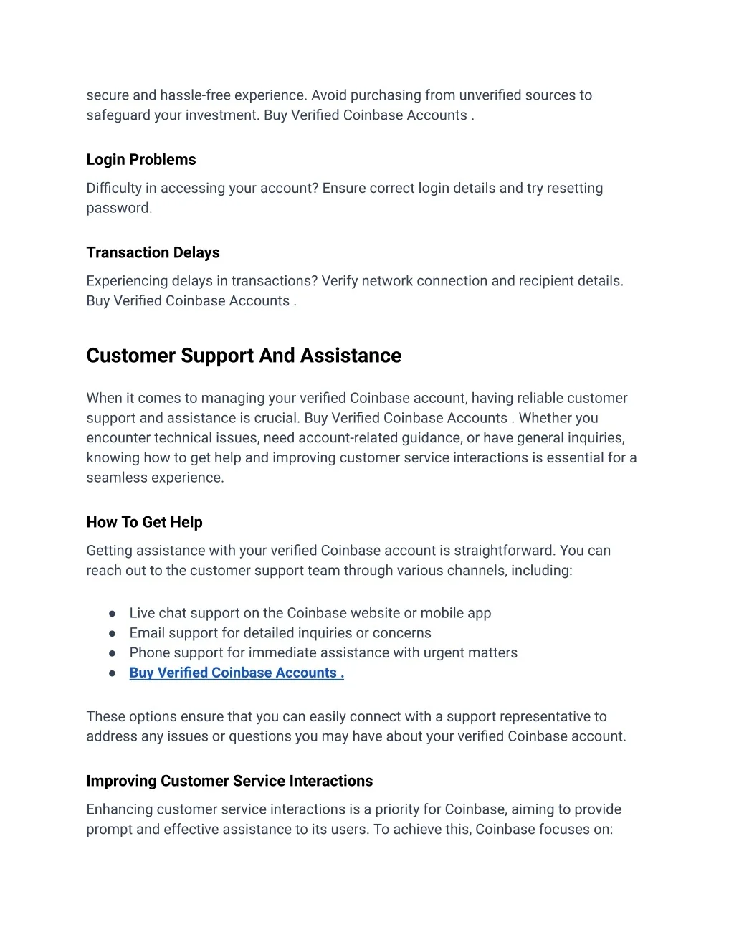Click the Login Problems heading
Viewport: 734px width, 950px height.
tap(141, 160)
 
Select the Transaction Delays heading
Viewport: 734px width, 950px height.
tap(153, 252)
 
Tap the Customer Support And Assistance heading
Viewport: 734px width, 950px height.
tap(244, 356)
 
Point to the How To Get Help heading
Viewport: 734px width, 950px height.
tap(144, 522)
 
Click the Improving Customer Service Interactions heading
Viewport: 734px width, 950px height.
tap(229, 781)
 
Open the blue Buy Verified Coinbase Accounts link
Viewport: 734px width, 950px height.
tap(237, 673)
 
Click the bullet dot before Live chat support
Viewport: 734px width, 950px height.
tap(113, 614)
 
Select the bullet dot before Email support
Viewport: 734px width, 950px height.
tap(113, 634)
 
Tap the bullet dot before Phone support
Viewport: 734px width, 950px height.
tap(113, 654)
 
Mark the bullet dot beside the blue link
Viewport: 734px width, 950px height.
tap(113, 674)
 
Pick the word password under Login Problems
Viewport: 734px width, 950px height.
tap(118, 209)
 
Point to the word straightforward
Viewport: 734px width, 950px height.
tap(505, 551)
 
